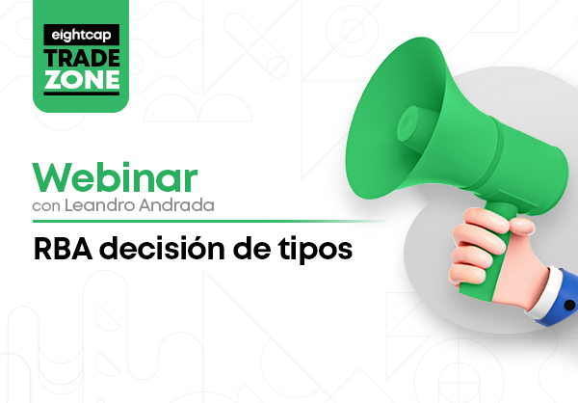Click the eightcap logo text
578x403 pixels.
click(81, 35)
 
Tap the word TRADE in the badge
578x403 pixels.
click(82, 58)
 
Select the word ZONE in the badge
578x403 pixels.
click(82, 80)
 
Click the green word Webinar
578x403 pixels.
click(115, 178)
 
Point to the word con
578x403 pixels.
click(46, 206)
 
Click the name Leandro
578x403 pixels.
click(99, 204)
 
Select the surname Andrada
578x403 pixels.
click(176, 204)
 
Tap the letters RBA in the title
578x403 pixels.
click(63, 250)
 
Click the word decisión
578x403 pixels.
click(162, 249)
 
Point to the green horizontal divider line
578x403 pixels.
click(209, 222)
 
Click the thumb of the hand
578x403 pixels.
click(521, 225)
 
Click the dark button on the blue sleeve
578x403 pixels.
click(570, 305)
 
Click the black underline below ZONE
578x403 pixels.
click(82, 94)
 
